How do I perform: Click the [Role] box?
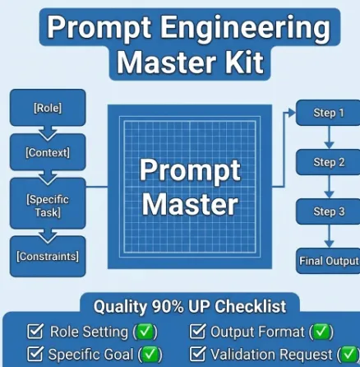point(48,108)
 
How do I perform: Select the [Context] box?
point(48,152)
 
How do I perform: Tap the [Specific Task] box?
point(48,203)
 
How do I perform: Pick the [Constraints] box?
point(48,257)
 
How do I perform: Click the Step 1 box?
point(328,113)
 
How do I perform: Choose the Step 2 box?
point(328,162)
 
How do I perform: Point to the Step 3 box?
point(328,211)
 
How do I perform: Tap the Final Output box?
point(328,261)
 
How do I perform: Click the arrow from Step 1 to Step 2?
point(329,137)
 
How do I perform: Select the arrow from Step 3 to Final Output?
point(329,236)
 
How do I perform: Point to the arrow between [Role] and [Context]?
point(48,133)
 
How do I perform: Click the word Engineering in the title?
point(245,28)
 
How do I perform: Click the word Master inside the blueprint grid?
point(190,204)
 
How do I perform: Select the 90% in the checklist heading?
point(168,306)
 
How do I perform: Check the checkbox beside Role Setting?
point(35,331)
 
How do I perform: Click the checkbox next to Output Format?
point(197,331)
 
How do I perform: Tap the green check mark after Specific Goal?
point(150,355)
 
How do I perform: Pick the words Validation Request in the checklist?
point(271,355)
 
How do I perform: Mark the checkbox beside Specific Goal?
point(35,354)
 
